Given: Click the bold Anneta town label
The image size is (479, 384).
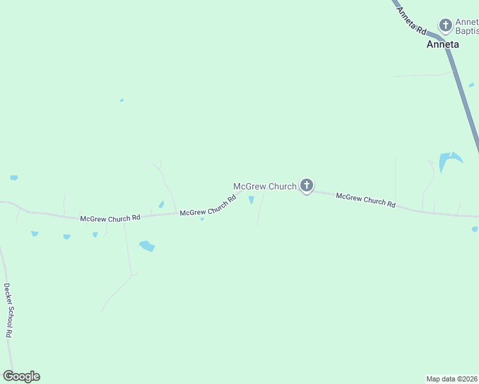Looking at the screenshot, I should point(442,45).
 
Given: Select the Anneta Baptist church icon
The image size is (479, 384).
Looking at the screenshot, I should point(446,25).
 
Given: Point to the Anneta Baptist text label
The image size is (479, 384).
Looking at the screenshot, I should point(466,26).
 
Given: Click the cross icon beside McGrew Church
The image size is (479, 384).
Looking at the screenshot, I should point(307,186).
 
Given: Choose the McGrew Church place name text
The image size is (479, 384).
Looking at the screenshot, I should point(264,186).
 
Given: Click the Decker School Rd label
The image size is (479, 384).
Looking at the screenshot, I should point(8,310).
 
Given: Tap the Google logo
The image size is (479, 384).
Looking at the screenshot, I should point(21,376).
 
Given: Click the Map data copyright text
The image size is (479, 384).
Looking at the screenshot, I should point(451,378).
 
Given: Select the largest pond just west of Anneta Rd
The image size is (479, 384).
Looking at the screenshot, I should point(448,160).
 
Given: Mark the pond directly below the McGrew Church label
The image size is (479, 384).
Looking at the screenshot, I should point(251,200).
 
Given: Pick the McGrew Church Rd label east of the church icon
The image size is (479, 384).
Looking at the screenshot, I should point(365,198).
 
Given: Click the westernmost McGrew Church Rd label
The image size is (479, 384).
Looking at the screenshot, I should point(110,218).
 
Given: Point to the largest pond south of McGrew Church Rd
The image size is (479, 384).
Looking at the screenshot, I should point(147,246).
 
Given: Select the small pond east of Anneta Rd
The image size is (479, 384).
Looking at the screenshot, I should point(471,84).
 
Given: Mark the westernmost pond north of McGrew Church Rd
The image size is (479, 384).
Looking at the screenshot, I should point(13,177).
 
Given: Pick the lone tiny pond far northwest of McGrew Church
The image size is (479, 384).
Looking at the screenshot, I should point(122,100).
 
